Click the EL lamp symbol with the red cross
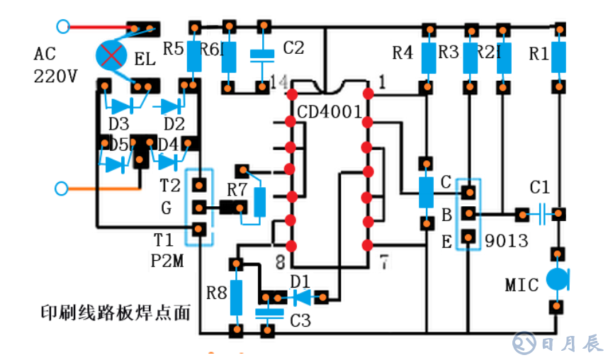pyautogui.click(x=111, y=54)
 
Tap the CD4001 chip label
pyautogui.click(x=330, y=113)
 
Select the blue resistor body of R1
pyautogui.click(x=560, y=58)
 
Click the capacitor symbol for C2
pyautogui.click(x=263, y=54)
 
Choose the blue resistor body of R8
pyautogui.click(x=235, y=297)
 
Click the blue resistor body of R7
pyautogui.click(x=261, y=201)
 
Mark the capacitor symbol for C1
pyautogui.click(x=541, y=213)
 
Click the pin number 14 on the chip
pyautogui.click(x=278, y=83)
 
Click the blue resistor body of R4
pyautogui.click(x=427, y=59)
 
